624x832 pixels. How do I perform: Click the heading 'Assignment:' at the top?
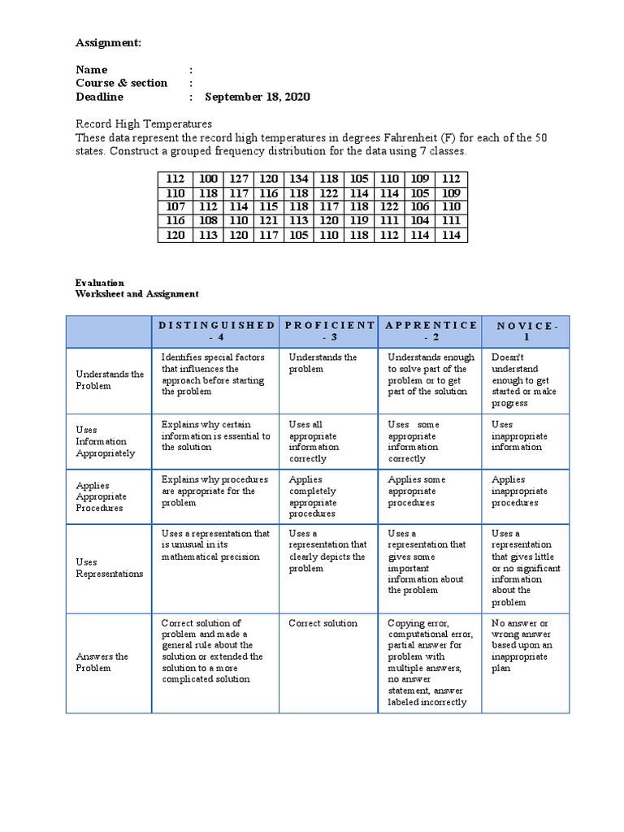point(108,42)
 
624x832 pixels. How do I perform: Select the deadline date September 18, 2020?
point(257,97)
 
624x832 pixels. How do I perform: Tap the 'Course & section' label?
point(121,83)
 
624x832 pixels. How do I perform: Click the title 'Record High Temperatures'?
point(144,123)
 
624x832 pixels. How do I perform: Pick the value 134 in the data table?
point(298,179)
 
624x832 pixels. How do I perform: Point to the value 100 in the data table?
point(209,179)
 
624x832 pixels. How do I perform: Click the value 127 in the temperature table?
point(239,179)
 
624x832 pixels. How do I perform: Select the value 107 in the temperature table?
point(175,207)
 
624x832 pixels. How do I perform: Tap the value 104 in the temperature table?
point(420,221)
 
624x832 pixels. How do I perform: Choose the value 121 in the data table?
point(268,221)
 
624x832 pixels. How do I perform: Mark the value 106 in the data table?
point(420,207)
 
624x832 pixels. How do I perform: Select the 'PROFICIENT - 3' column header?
point(329,331)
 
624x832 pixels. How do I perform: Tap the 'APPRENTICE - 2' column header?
point(431,331)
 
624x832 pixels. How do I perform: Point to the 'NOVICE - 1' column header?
point(526,331)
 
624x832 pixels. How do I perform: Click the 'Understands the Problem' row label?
point(110,380)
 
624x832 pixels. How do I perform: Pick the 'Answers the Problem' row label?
point(102,662)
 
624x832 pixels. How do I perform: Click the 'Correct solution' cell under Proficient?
point(323,623)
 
